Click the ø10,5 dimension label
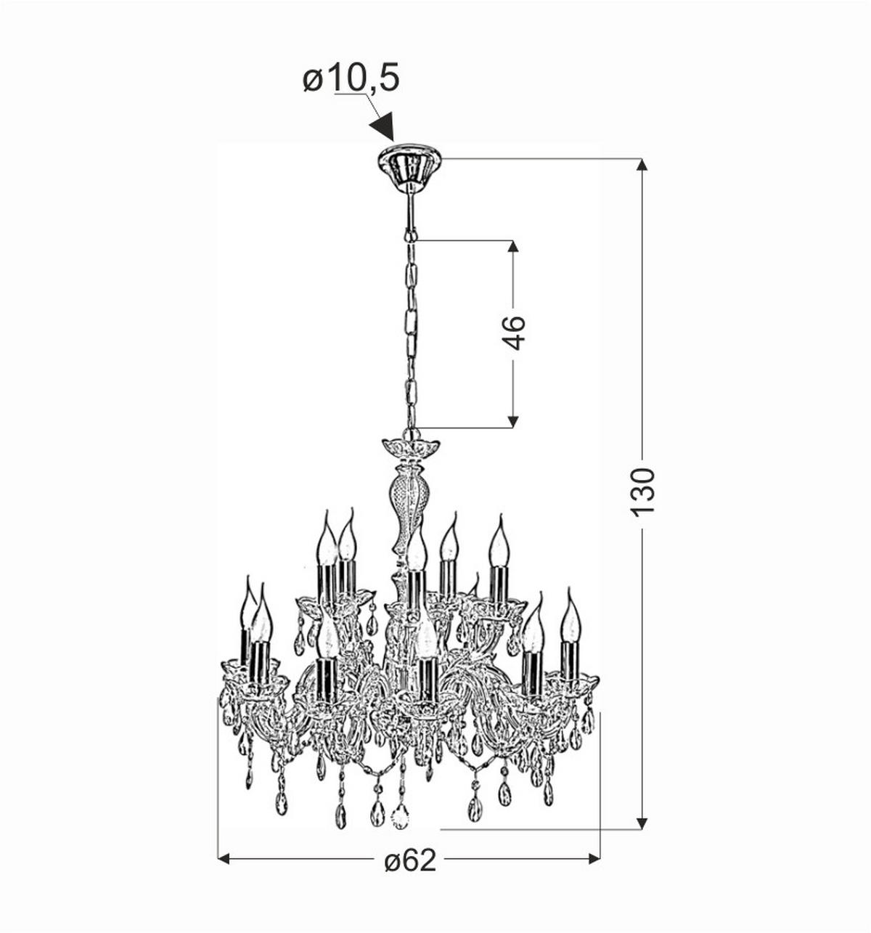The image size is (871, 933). pos(351,78)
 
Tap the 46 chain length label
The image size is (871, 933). pos(513,333)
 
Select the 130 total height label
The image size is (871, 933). pos(642,492)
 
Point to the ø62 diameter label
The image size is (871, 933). pos(410,860)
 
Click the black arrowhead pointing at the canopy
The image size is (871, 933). pos(382,126)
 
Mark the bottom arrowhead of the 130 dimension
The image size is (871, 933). pos(642,823)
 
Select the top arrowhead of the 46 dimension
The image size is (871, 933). pos(513,246)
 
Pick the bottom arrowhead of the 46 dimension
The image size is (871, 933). pos(513,422)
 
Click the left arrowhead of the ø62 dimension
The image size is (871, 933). pos(224,859)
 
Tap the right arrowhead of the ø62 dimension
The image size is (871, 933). pos(594,859)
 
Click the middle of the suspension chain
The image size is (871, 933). pos(412,334)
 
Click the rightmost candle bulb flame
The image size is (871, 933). pos(571,617)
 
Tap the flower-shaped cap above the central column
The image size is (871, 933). pos(411,446)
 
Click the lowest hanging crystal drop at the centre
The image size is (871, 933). pos(400,815)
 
